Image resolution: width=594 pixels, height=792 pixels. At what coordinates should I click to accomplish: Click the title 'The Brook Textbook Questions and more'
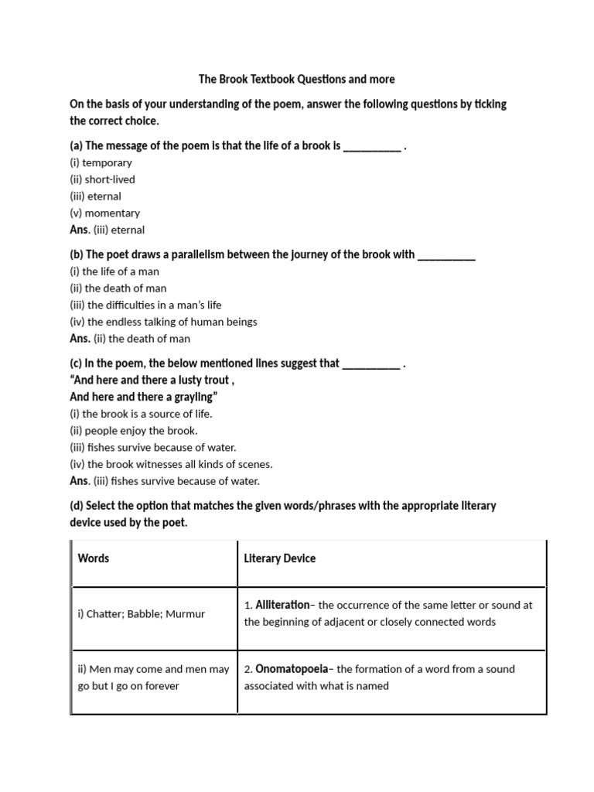pyautogui.click(x=297, y=79)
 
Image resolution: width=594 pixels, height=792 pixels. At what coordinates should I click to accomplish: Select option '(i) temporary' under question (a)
pyautogui.click(x=101, y=162)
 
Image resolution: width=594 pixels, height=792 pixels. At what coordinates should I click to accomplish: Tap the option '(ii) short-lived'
pyautogui.click(x=102, y=179)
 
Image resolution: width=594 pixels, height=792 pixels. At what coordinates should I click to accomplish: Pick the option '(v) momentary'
pyautogui.click(x=104, y=213)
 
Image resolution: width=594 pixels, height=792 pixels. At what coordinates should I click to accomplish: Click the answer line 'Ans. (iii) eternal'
pyautogui.click(x=107, y=230)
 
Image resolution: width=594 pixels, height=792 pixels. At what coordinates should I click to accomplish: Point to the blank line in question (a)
pyautogui.click(x=371, y=146)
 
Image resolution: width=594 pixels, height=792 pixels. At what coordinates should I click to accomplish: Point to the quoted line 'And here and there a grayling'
pyautogui.click(x=144, y=397)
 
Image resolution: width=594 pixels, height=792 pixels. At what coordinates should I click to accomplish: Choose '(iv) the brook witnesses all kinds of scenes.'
pyautogui.click(x=171, y=464)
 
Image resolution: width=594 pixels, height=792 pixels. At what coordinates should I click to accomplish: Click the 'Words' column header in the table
pyautogui.click(x=94, y=558)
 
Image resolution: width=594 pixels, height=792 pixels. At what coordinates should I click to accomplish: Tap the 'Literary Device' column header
pyautogui.click(x=280, y=558)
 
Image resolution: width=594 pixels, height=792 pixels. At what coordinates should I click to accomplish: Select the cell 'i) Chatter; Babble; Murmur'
pyautogui.click(x=142, y=614)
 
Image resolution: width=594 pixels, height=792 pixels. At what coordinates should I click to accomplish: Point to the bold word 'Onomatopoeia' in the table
pyautogui.click(x=291, y=669)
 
